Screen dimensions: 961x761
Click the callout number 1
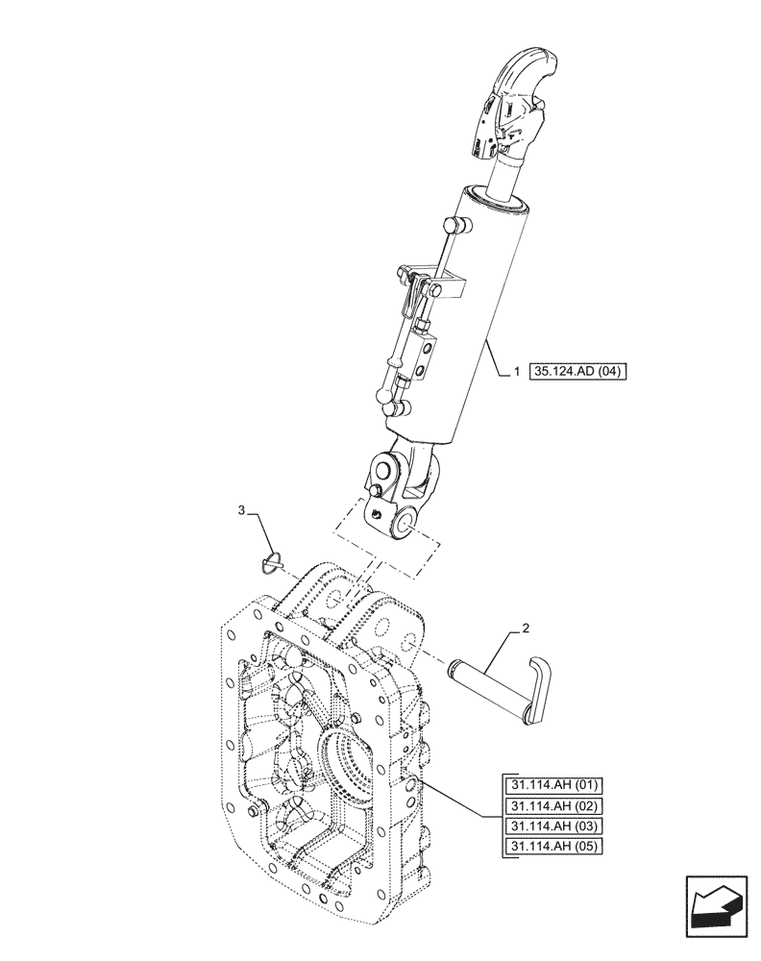(516, 370)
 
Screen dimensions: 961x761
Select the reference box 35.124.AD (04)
(577, 370)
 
